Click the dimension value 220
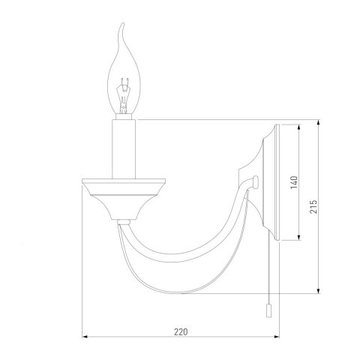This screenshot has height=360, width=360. [181, 332]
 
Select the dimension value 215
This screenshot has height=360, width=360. [313, 206]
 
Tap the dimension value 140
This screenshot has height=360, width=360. [295, 182]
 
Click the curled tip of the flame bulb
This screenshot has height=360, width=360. [122, 24]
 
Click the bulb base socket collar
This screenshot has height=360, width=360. [124, 117]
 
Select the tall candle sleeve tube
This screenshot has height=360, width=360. [124, 149]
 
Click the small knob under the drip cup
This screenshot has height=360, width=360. [124, 222]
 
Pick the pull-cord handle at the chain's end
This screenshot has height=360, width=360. [268, 310]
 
